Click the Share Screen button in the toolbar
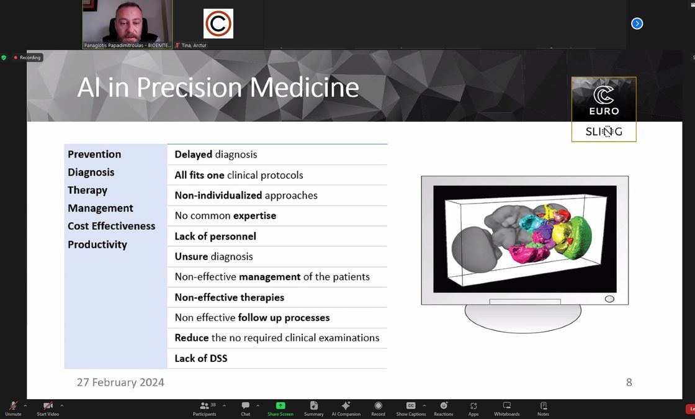280,408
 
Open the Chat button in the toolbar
246,408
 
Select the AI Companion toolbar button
346,408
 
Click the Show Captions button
411,408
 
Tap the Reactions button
443,408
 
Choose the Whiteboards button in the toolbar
506,408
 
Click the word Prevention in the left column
94,155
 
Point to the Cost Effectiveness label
112,226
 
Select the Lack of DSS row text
201,358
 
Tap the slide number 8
629,382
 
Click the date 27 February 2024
120,382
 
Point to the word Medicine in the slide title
305,88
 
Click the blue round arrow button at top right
637,24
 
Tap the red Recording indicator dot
16,58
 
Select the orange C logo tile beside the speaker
218,24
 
